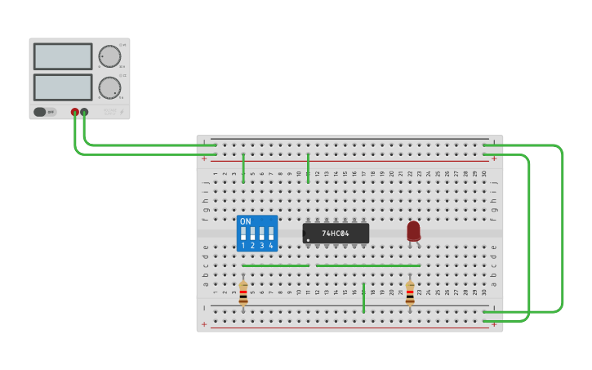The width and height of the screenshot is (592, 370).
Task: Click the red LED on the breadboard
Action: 413,231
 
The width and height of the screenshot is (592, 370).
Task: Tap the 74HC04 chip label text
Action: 336,234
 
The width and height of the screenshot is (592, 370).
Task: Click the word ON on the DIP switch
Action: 246,221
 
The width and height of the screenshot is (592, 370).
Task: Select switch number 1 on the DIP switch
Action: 243,234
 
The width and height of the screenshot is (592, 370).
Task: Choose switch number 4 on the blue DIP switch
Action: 271,234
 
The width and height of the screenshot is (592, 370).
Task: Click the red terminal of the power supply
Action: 75,112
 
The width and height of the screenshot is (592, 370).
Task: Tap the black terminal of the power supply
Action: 84,112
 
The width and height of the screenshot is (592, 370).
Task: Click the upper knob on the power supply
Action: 109,56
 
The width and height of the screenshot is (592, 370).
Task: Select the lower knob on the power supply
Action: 109,87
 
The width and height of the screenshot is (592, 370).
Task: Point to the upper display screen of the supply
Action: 63,56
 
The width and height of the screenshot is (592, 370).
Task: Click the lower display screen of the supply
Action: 63,87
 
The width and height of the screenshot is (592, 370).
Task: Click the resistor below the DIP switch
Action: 243,293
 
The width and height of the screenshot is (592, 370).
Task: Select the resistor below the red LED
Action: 410,293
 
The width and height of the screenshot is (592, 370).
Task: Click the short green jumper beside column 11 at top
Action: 308,167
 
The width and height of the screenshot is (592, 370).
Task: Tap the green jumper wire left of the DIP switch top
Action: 243,167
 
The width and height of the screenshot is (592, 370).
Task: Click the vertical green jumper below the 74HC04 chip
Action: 363,298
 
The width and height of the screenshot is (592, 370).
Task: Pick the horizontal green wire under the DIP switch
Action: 275,265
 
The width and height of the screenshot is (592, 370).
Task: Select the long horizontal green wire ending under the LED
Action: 368,265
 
